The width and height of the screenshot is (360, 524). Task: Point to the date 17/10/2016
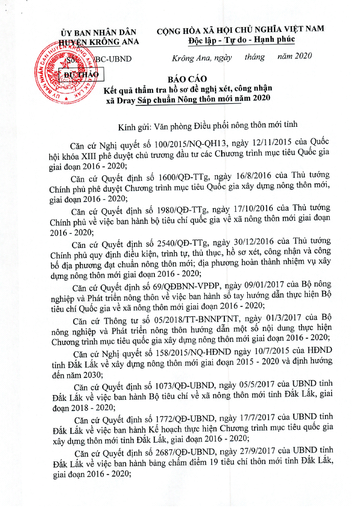267,210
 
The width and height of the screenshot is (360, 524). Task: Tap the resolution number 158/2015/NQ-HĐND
193,352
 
